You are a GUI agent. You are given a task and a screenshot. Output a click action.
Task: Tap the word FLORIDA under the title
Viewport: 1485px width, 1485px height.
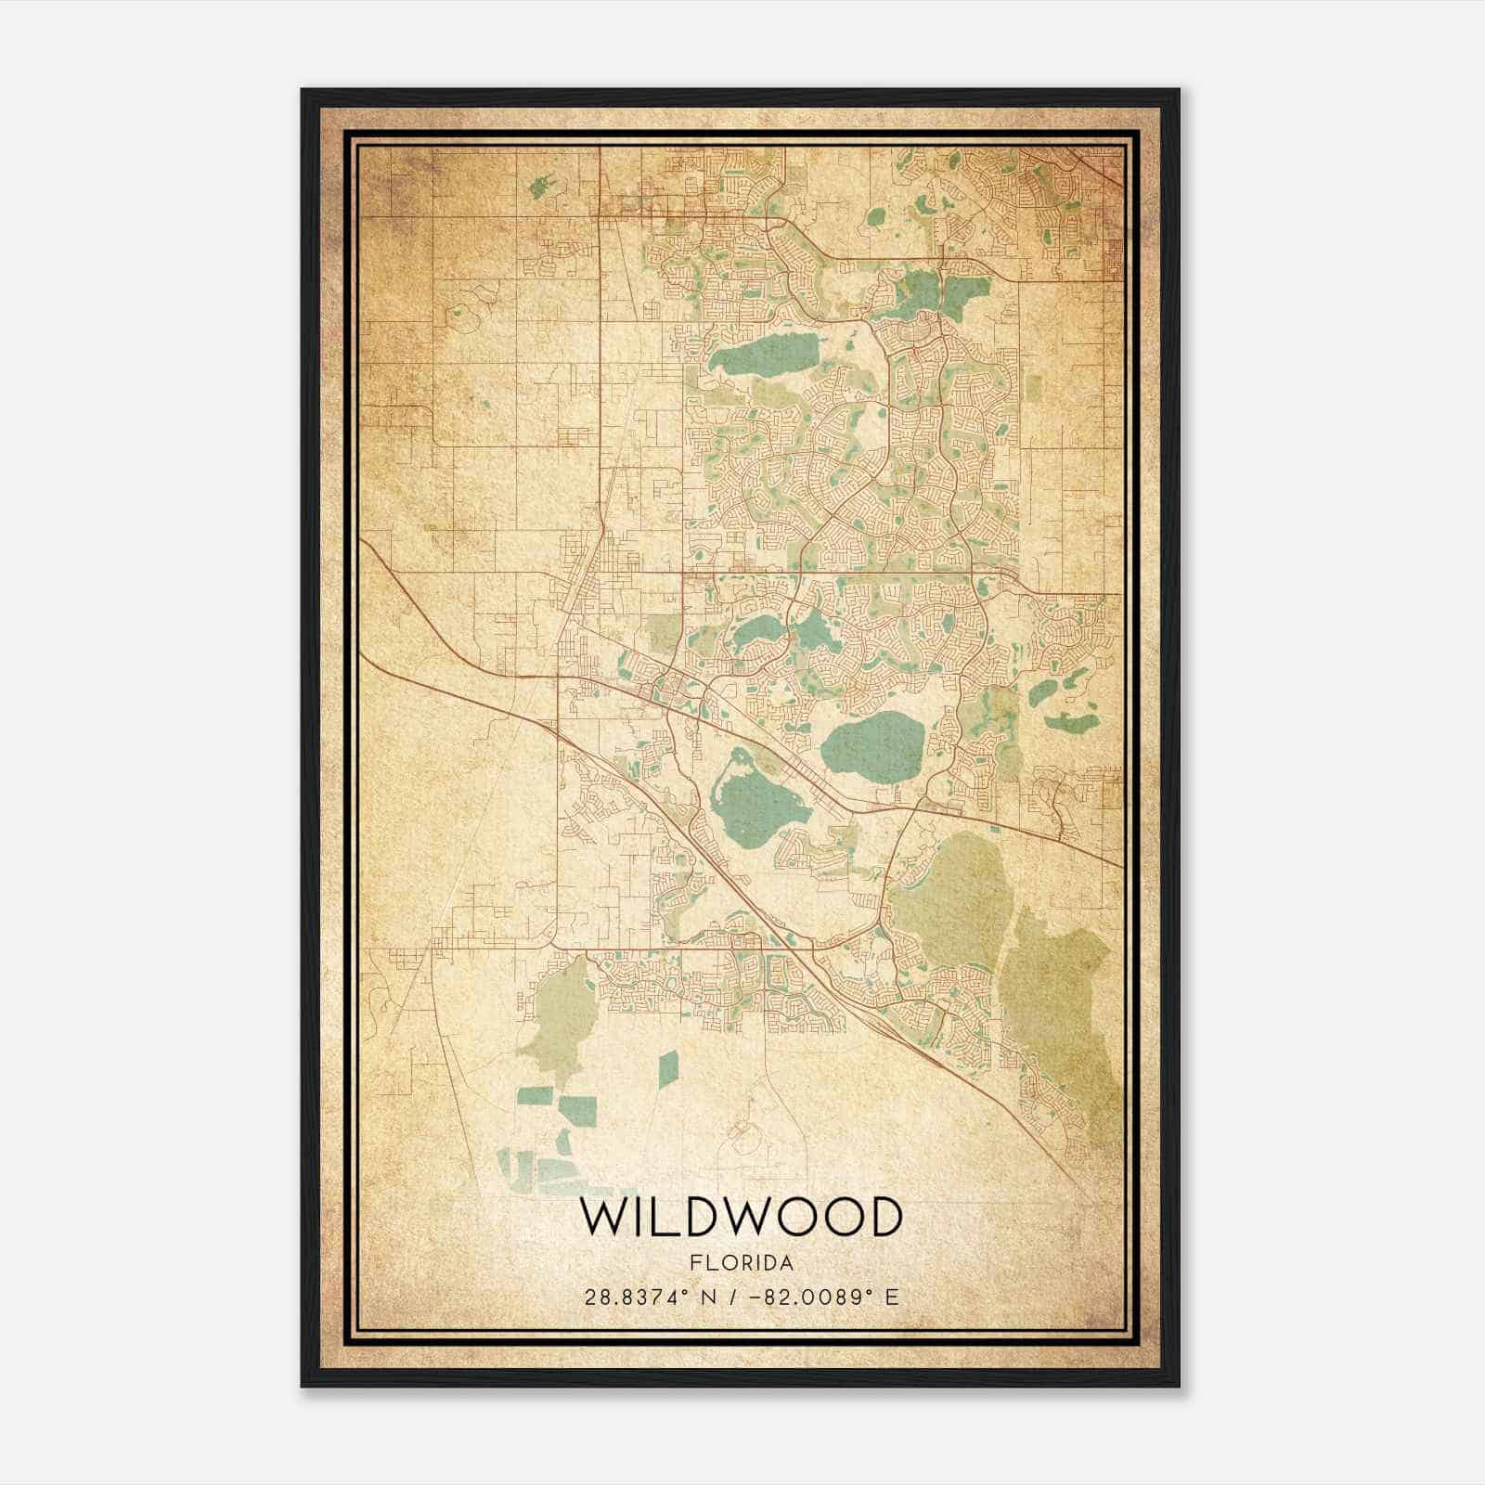point(742,1263)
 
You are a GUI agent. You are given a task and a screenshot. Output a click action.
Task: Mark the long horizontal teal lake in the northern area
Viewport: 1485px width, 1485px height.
point(766,353)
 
